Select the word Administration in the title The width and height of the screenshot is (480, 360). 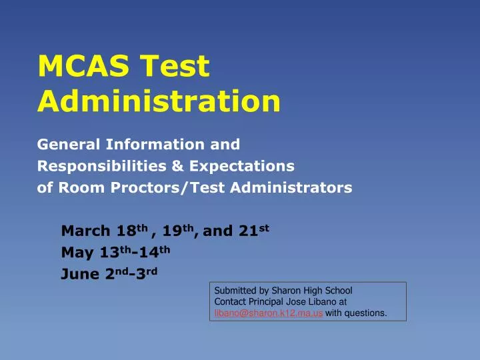pos(159,101)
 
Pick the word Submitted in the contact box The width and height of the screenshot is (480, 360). pos(233,291)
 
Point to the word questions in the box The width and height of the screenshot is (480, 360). pos(366,313)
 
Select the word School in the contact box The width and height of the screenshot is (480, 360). pos(337,291)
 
